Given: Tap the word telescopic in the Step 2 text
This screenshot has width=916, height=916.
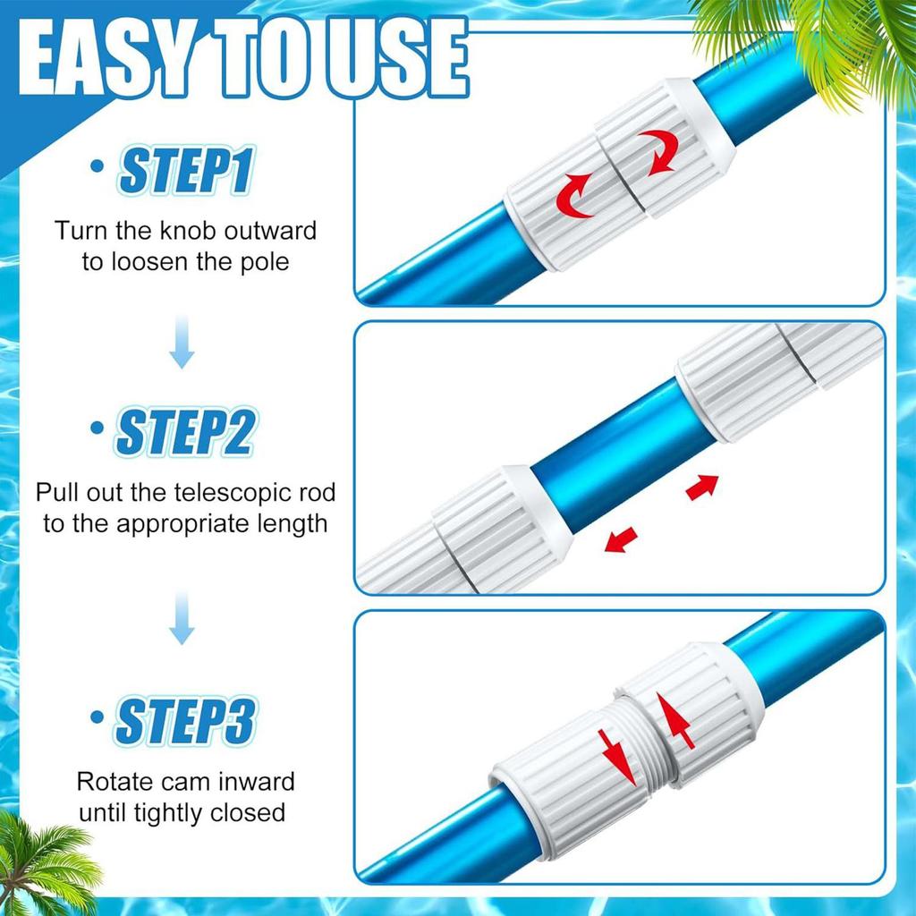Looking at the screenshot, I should click(x=238, y=492).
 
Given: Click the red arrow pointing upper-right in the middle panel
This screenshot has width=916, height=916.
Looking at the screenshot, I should click(x=702, y=486).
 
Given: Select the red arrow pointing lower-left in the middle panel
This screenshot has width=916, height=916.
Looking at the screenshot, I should click(x=621, y=539).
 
